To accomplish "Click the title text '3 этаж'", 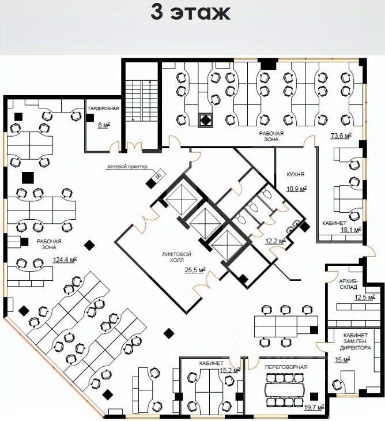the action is [x=190, y=13].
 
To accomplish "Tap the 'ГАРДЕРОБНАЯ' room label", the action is [x=104, y=109].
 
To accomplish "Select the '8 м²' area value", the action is [x=104, y=125].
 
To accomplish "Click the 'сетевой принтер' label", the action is [x=127, y=167].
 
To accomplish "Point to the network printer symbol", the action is [x=158, y=175].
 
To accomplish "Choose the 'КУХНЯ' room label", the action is [x=296, y=174].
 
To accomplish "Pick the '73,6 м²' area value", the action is [x=341, y=136].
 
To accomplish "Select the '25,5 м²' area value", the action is [x=195, y=270].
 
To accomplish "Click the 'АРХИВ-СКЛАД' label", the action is [x=348, y=284].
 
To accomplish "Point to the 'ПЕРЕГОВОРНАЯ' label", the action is [x=286, y=367].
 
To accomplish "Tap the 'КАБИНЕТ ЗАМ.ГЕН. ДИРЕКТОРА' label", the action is [x=356, y=341].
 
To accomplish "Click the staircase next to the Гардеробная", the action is [x=142, y=101].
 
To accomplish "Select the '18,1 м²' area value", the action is [x=350, y=230].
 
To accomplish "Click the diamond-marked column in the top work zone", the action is [x=206, y=121].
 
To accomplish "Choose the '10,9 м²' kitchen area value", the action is [x=297, y=189].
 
